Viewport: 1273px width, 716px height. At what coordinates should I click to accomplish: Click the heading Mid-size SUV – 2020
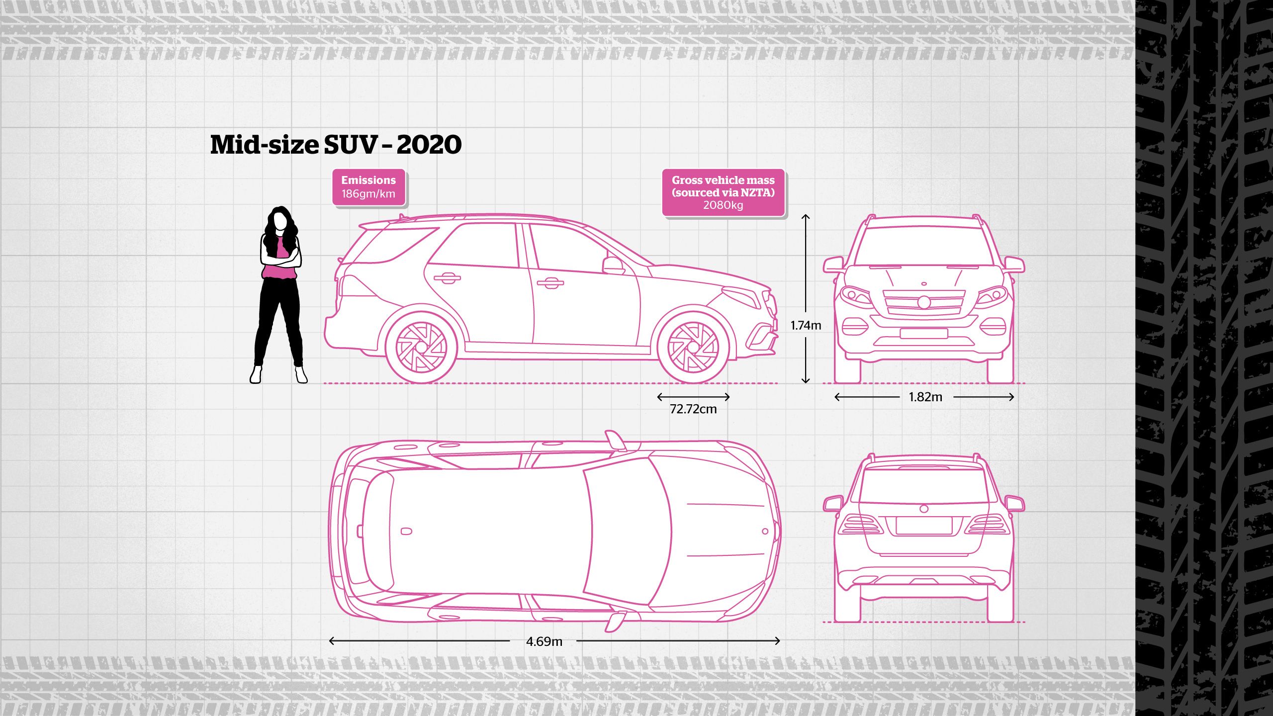pos(336,145)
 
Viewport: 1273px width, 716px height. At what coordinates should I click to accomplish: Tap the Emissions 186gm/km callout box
pos(368,187)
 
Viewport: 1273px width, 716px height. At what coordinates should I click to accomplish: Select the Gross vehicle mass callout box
pos(723,192)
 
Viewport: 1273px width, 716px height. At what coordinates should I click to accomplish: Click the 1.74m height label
pos(806,326)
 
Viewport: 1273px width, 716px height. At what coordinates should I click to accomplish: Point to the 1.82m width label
pos(925,397)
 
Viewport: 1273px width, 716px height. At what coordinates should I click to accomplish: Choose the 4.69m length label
pos(544,641)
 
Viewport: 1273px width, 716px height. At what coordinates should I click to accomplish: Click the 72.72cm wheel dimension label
pos(693,409)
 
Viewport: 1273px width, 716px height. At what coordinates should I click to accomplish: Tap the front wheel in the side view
pos(693,347)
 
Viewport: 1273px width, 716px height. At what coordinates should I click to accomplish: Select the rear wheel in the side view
pos(421,347)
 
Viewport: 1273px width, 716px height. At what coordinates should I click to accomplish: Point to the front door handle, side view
pos(550,283)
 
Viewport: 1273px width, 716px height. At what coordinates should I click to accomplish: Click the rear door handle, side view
pos(447,278)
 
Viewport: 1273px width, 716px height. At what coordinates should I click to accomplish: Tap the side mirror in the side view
pos(613,265)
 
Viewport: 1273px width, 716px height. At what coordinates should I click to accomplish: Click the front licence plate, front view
pos(923,334)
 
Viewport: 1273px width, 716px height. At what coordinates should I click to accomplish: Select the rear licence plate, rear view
pos(924,526)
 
